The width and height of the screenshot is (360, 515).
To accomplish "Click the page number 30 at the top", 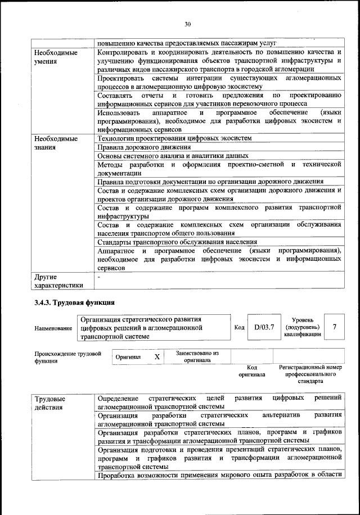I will coord(187,24).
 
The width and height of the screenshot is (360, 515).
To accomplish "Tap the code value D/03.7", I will coord(263,327).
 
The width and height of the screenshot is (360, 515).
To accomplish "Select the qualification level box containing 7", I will coord(335,327).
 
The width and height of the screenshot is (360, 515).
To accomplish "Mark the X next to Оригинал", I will coord(157,357).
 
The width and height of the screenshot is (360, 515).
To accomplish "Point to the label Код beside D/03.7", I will coord(239,327).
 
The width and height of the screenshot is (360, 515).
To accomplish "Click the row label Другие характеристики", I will coord(58,281).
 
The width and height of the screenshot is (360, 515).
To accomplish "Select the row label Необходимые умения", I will coord(56,57).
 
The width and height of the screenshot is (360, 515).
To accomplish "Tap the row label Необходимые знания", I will coord(56,143).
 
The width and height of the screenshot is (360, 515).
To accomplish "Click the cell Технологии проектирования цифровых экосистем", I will coord(174,138).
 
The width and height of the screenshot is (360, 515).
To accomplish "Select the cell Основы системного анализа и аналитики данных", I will coord(173,156).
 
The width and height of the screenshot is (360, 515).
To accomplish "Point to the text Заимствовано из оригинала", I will coord(196,356).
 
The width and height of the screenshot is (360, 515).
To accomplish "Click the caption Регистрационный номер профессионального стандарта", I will coord(310,373).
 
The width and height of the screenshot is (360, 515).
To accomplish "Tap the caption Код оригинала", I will coord(251,371).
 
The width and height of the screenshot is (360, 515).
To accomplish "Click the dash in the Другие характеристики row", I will coord(99,277).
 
